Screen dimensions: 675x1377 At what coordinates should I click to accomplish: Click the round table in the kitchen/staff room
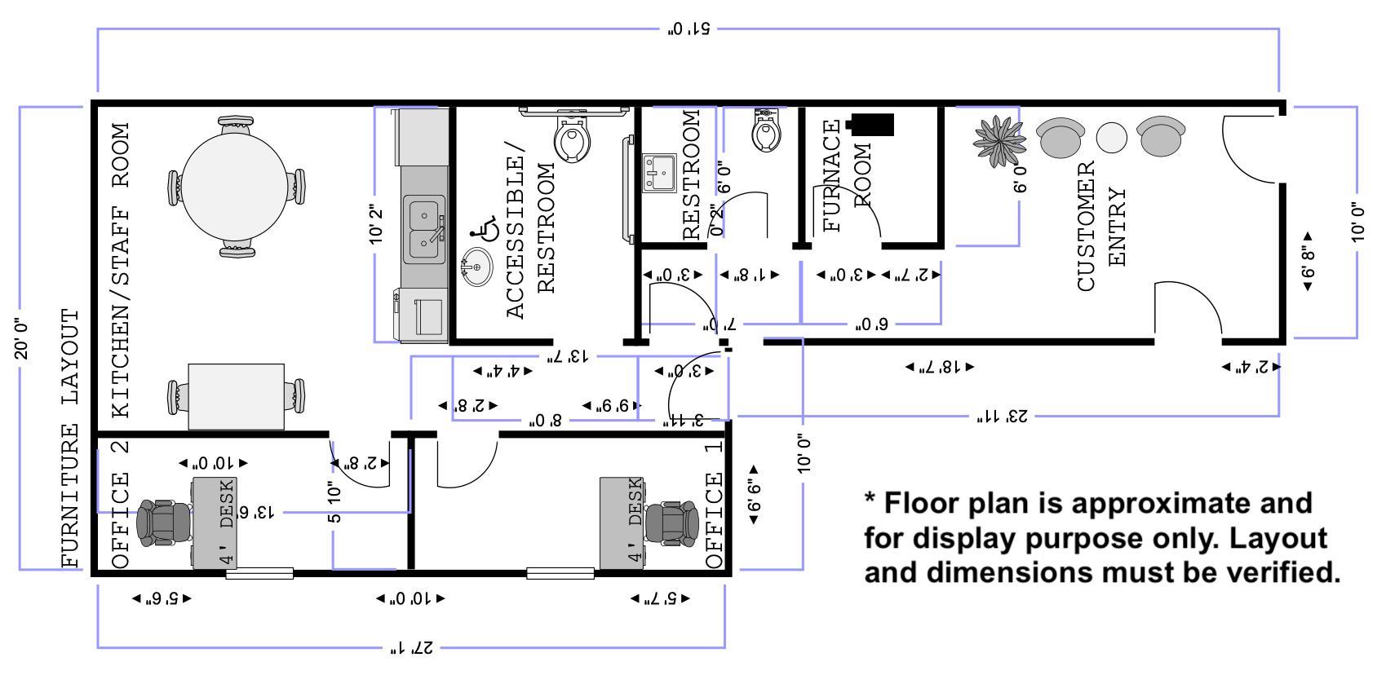coord(233,187)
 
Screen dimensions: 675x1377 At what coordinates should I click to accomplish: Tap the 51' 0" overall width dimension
coord(689,29)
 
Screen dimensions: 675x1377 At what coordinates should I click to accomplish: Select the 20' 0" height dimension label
coord(22,338)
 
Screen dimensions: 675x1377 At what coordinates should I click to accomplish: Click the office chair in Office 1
coord(671,523)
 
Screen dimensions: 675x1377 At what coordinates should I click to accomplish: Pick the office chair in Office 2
coord(163,523)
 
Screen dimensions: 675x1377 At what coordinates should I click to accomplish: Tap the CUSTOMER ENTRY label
coord(1101,226)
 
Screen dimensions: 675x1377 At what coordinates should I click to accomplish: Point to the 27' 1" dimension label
coord(410,649)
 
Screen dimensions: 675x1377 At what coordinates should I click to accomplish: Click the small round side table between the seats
coord(1111,138)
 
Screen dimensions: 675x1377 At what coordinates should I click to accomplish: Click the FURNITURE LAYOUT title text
coord(73,438)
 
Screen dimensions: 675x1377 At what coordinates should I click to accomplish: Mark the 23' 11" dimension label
coord(1003,417)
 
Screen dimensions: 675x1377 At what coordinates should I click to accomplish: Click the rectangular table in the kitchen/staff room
coord(237,396)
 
